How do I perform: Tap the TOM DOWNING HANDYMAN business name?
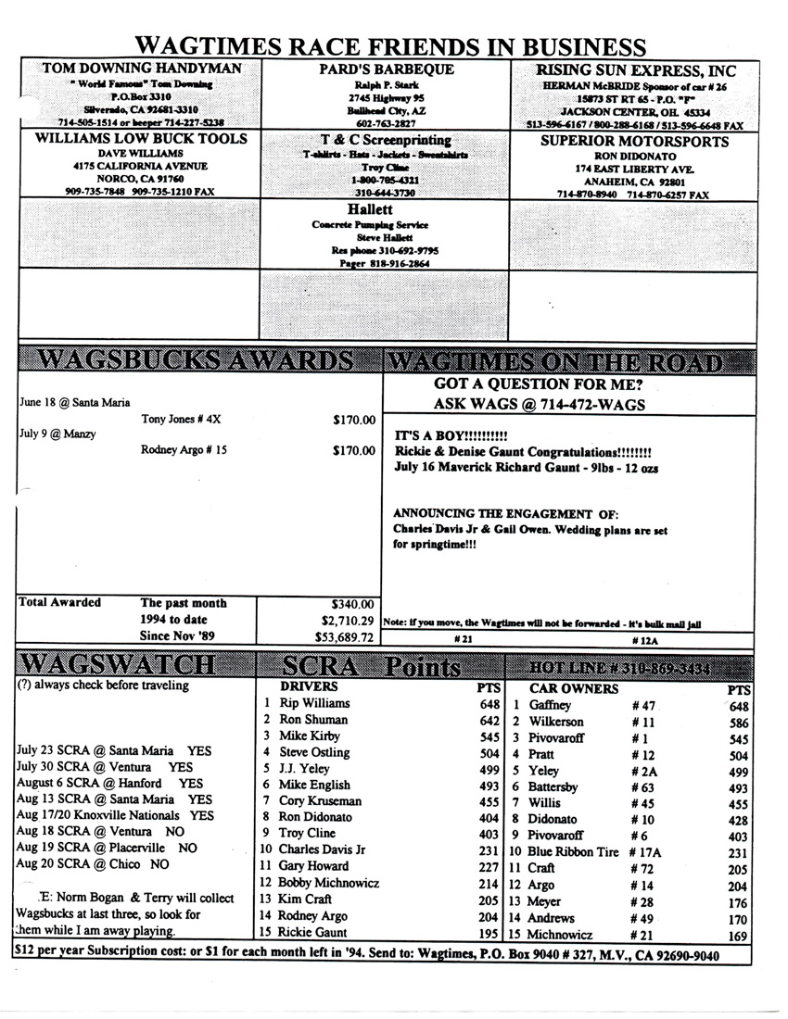142,69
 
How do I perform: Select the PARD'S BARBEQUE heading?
386,69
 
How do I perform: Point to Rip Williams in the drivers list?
315,703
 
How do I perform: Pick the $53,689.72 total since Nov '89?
344,636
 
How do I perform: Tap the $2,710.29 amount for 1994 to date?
344,620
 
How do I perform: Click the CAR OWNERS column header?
574,688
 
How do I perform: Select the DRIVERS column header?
309,687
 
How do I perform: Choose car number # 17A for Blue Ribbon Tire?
647,851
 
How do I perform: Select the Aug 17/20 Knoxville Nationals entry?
115,815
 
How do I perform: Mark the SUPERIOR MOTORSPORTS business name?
634,142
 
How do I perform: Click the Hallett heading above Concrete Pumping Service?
383,209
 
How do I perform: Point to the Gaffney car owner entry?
551,705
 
